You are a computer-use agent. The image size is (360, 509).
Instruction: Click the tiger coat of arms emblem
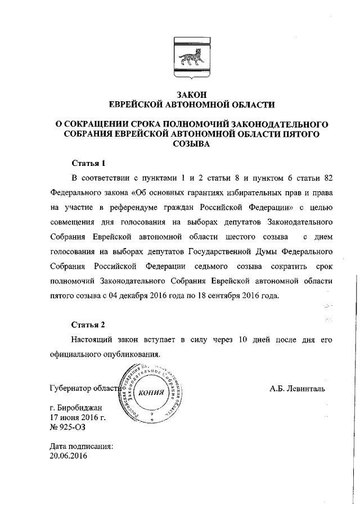click(191, 57)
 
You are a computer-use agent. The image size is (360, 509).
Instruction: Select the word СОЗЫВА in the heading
click(191, 144)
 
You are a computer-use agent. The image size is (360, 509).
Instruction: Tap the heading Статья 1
click(88, 164)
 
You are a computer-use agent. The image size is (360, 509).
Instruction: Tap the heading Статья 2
click(88, 325)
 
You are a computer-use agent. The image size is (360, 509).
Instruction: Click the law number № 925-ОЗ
click(66, 427)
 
